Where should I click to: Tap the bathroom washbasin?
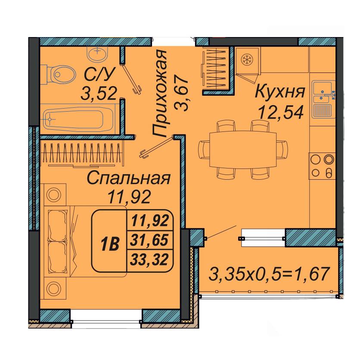97,53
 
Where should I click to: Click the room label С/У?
99,74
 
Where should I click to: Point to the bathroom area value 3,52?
99,94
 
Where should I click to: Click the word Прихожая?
159,94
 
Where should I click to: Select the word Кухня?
280,91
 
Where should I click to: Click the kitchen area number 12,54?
281,112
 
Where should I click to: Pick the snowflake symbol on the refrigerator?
247,60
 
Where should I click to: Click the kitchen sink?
323,99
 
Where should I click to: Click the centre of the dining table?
243,149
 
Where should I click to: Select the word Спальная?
129,178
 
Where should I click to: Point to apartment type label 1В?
110,244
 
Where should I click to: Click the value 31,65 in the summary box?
149,240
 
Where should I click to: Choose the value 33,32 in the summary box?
149,259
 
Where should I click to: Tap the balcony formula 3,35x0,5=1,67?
269,274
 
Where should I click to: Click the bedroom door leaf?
156,147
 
